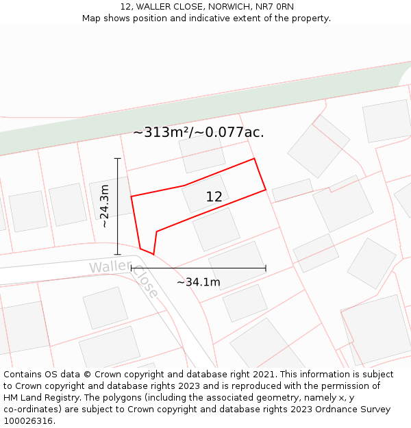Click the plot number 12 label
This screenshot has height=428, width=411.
pyautogui.click(x=214, y=197)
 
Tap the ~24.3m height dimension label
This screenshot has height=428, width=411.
pyautogui.click(x=104, y=206)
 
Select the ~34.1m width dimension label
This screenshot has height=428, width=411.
pyautogui.click(x=199, y=282)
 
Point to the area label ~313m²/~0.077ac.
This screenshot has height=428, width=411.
pyautogui.click(x=199, y=132)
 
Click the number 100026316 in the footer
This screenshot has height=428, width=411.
pyautogui.click(x=28, y=421)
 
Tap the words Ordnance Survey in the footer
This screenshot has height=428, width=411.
pyautogui.click(x=356, y=410)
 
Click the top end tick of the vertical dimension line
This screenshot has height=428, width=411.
pyautogui.click(x=118, y=159)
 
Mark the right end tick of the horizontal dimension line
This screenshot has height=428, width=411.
pyautogui.click(x=266, y=268)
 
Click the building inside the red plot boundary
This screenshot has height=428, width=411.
pyautogui.click(x=204, y=194)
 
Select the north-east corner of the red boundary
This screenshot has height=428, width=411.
pyautogui.click(x=254, y=159)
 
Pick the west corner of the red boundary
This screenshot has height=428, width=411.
pyautogui.click(x=132, y=197)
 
